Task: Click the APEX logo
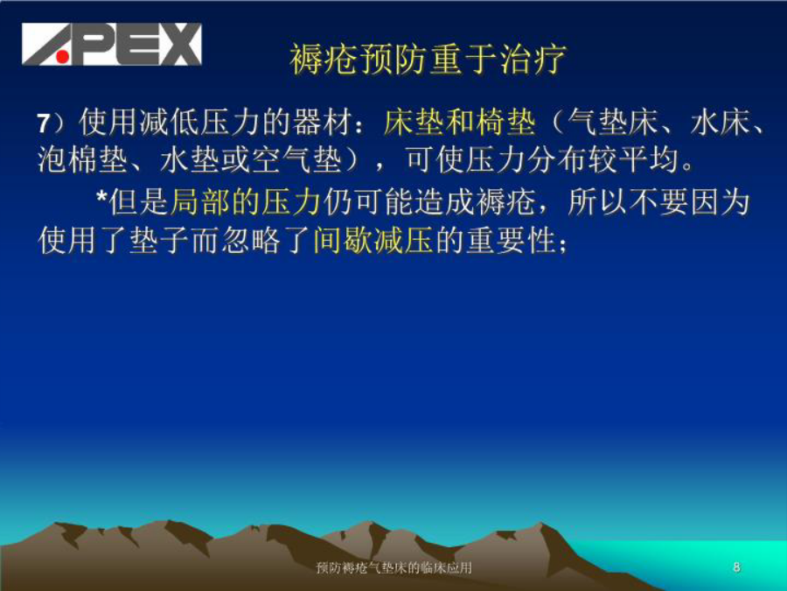(x=111, y=45)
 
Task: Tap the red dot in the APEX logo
(x=62, y=57)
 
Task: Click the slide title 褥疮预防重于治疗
(x=428, y=60)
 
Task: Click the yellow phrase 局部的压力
(x=246, y=202)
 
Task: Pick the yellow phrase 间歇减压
(x=373, y=241)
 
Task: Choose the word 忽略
(x=251, y=241)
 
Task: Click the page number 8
(x=736, y=567)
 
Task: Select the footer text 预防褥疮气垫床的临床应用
(x=394, y=568)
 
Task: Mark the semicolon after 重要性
(x=562, y=245)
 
